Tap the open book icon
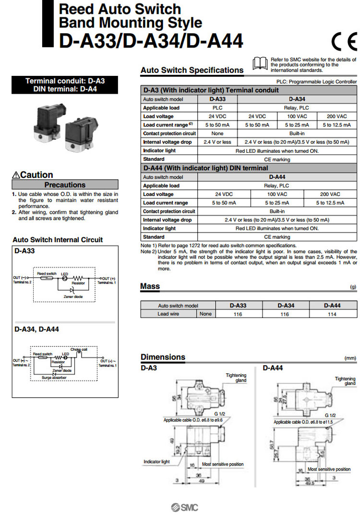click(x=260, y=63)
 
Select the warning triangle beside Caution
click(x=16, y=175)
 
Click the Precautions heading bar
click(x=65, y=184)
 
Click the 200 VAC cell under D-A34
click(x=336, y=116)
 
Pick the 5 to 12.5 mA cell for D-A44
click(x=330, y=203)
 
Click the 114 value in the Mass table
click(x=332, y=314)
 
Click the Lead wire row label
click(x=168, y=314)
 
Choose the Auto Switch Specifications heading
click(x=192, y=70)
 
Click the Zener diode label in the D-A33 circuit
click(x=73, y=297)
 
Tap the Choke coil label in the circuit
click(x=78, y=349)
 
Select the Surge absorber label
click(x=54, y=378)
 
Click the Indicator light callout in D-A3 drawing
click(x=156, y=462)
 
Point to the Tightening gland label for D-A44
click(x=345, y=381)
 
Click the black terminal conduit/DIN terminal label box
click(x=65, y=85)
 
